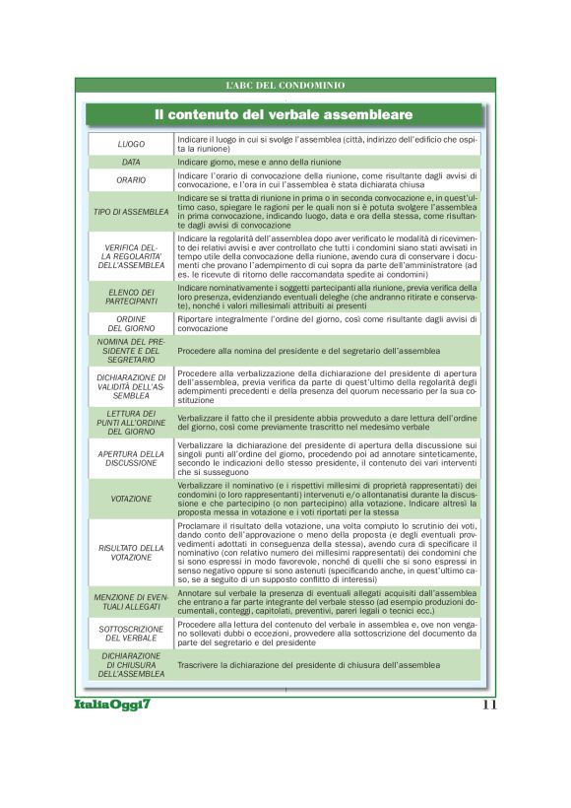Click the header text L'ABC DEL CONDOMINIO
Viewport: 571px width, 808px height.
coord(285,86)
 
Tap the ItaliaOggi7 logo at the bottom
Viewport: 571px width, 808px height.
coord(110,705)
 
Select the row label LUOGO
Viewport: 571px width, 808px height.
coord(131,144)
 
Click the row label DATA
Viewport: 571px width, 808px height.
coord(131,162)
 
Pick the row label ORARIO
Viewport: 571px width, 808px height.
coord(131,180)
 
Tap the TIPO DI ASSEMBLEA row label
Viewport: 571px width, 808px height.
coord(131,211)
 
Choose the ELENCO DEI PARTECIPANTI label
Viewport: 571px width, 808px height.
coord(131,297)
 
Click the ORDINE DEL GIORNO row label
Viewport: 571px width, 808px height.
coord(131,324)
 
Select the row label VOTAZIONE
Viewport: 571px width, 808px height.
coord(131,499)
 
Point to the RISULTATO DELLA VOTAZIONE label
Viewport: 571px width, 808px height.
coord(131,552)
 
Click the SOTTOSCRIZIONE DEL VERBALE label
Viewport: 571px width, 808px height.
coord(131,632)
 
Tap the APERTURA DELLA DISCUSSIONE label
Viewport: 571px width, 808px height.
coord(131,458)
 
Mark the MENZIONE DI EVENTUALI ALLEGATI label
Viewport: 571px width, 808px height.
coord(131,602)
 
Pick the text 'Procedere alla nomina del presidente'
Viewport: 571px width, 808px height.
coord(309,351)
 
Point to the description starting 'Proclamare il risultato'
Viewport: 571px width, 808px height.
coord(327,552)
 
